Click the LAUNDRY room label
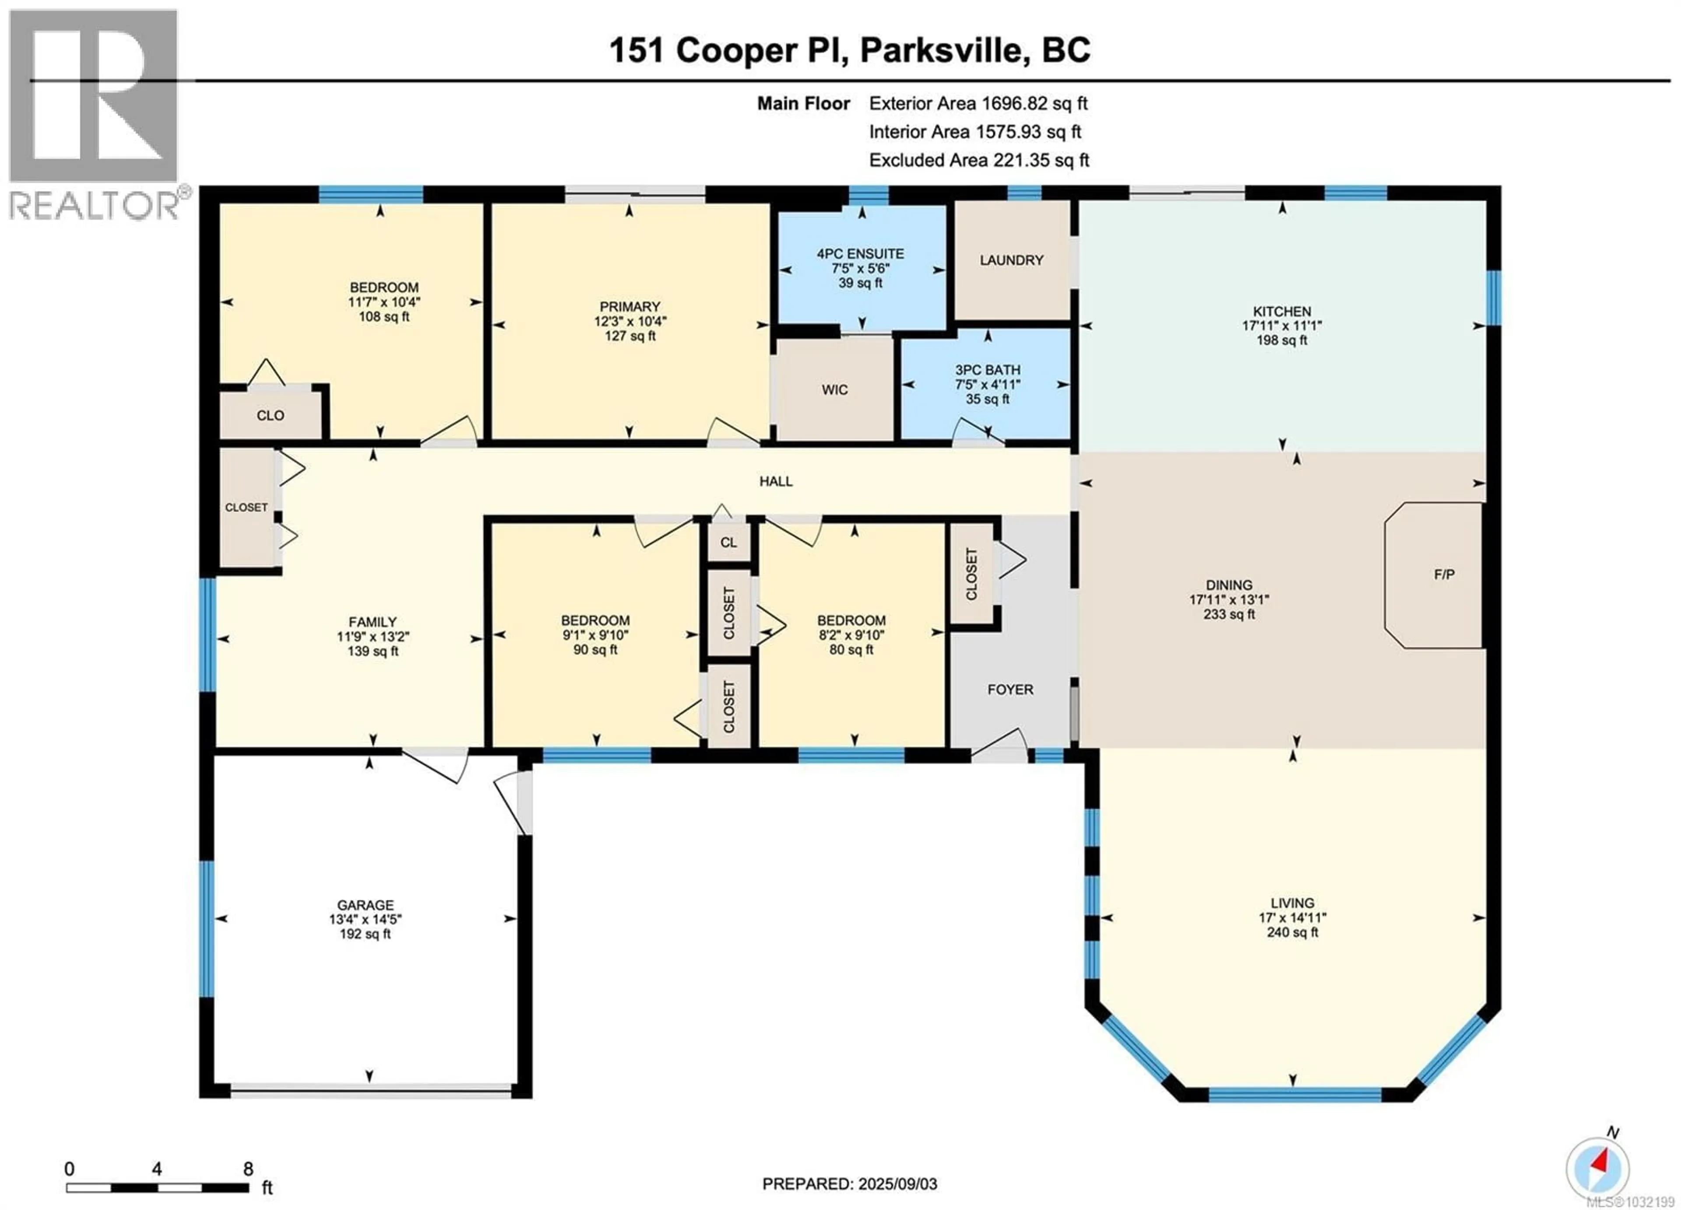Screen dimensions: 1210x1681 pyautogui.click(x=1011, y=260)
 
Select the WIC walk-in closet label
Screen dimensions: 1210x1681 pyautogui.click(x=834, y=390)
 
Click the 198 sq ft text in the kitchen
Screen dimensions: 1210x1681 pyautogui.click(x=1281, y=340)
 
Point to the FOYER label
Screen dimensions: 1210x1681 pyautogui.click(x=1009, y=689)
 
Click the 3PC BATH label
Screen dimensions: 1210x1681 pyautogui.click(x=987, y=370)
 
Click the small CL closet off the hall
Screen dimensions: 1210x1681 pyautogui.click(x=728, y=542)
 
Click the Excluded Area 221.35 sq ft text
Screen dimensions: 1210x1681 pyautogui.click(x=978, y=160)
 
